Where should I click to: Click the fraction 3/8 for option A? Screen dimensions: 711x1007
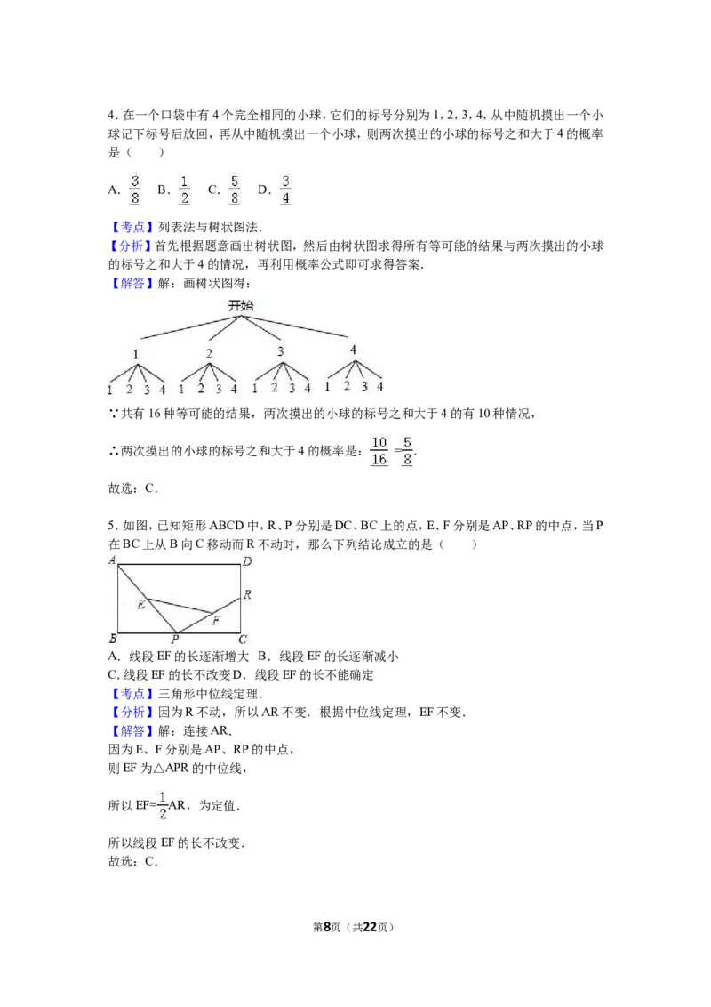pos(135,190)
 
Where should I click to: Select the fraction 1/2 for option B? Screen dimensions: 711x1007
pos(184,190)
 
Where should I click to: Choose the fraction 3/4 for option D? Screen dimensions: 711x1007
pos(285,190)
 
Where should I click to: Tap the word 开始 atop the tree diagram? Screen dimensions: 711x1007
pos(241,306)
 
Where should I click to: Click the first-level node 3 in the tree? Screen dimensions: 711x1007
pos(281,351)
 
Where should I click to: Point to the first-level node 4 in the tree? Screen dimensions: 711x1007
pos(353,350)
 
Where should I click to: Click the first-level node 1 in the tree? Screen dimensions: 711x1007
pos(135,354)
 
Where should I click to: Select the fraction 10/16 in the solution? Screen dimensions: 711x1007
pos(379,451)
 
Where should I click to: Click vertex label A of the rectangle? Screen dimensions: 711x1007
pos(112,560)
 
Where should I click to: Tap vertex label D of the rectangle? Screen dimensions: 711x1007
pos(247,561)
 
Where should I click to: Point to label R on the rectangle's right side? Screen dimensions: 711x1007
pos(247,595)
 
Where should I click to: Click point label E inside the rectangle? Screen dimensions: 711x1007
pos(140,604)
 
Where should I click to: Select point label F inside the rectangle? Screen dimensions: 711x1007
pos(216,620)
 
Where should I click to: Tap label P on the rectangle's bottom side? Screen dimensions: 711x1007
pos(174,639)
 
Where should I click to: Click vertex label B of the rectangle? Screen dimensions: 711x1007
pos(113,639)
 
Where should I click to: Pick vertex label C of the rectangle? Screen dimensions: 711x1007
pos(243,639)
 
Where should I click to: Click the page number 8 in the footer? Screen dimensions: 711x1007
pos(327,927)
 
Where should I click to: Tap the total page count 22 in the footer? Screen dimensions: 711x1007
pos(370,927)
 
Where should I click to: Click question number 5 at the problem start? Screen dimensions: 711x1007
pos(112,526)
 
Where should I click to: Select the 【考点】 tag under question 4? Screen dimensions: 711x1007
pos(132,227)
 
